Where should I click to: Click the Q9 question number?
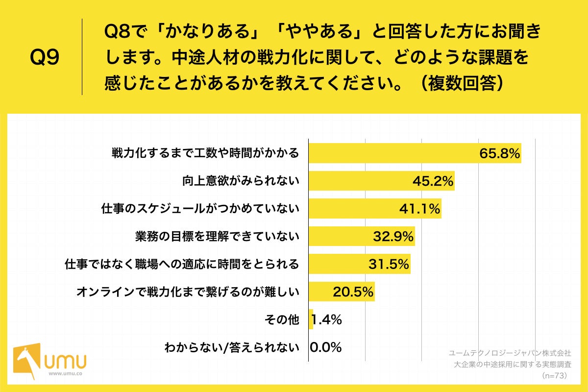point(45,58)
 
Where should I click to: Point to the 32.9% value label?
point(393,237)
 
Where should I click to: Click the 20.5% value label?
point(353,292)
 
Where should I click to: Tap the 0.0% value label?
point(326,347)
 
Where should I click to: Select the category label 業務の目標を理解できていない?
point(217,237)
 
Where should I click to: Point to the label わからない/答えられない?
point(231,347)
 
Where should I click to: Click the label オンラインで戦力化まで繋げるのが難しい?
point(188,292)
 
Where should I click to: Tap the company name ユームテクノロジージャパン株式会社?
point(510,352)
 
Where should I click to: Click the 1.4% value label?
point(327,320)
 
